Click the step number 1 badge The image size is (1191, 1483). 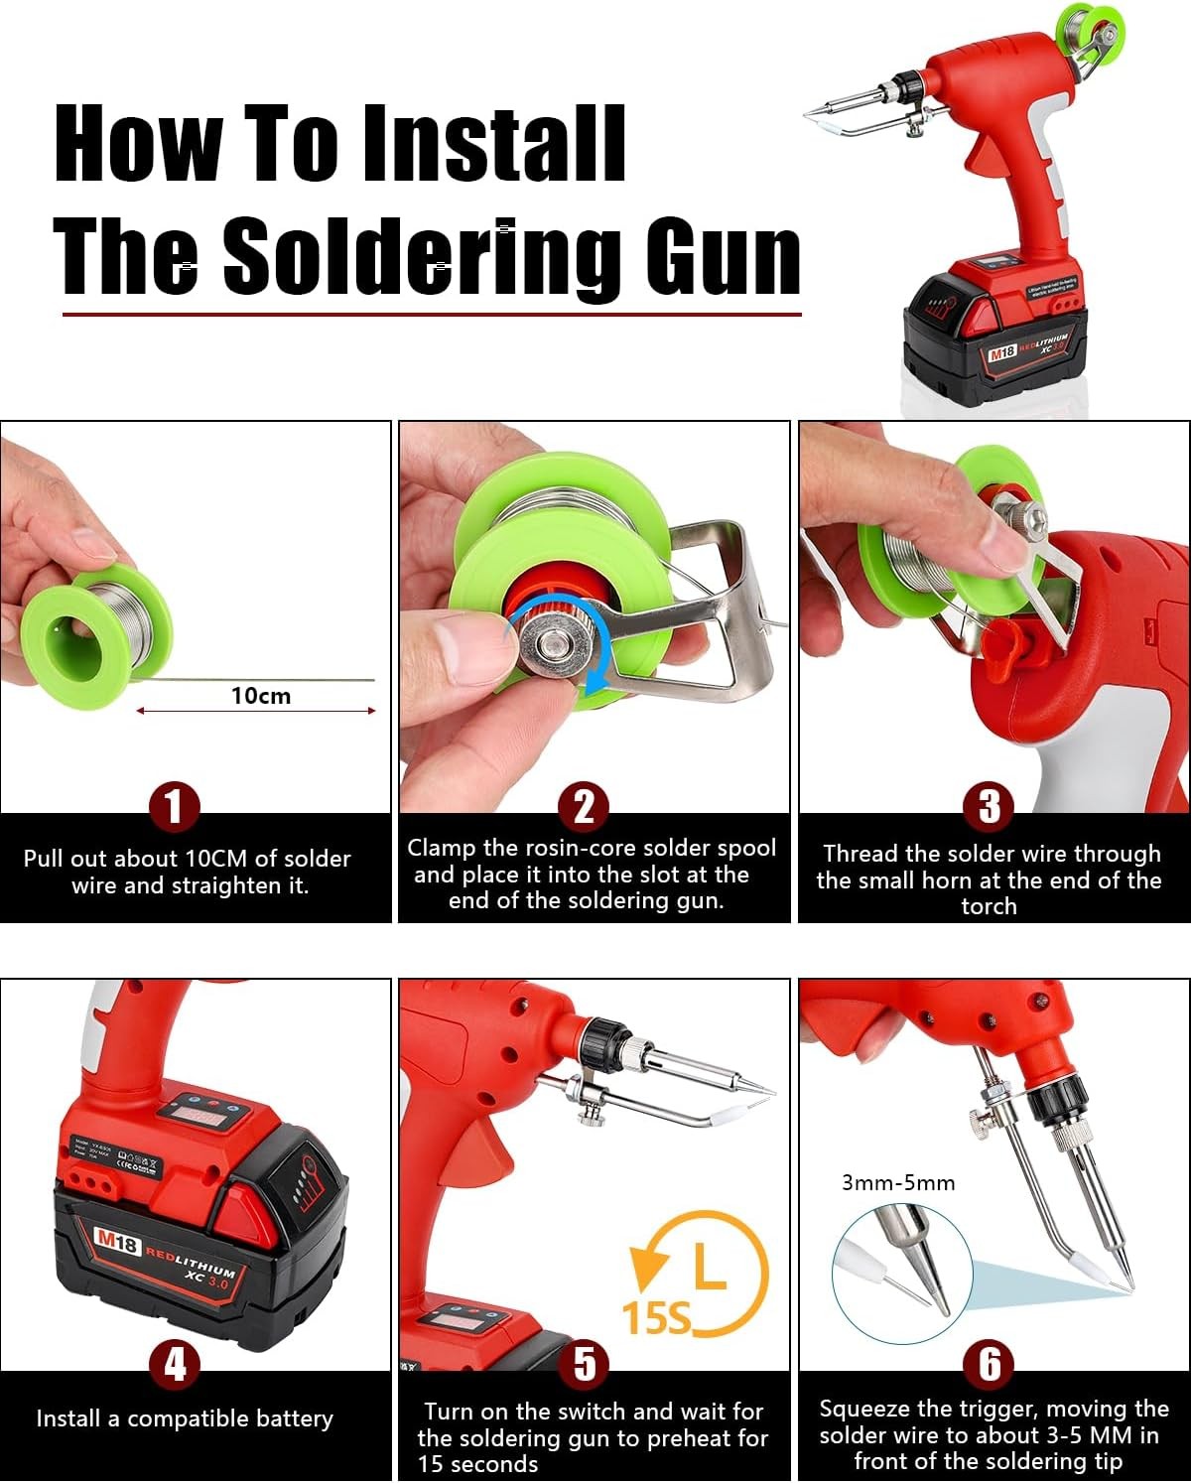[x=175, y=807]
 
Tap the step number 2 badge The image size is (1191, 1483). [x=584, y=807]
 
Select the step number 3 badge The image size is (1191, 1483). [x=990, y=807]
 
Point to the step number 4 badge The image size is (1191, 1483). [x=175, y=1365]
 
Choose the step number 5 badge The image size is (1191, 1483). [x=584, y=1365]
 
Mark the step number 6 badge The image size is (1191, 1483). [x=990, y=1365]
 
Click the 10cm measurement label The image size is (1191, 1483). [x=261, y=696]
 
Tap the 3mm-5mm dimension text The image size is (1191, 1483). [x=898, y=1182]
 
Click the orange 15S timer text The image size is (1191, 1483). [x=656, y=1318]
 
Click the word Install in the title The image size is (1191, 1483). [x=492, y=143]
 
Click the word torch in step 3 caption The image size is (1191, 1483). [x=989, y=906]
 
